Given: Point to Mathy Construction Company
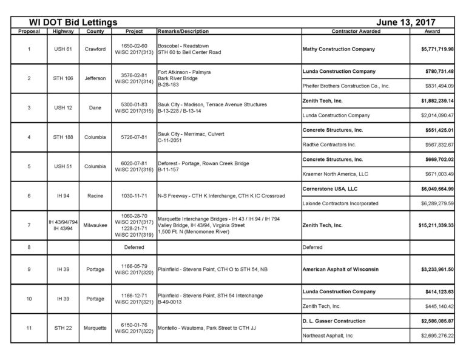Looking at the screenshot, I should pyautogui.click(x=338, y=49).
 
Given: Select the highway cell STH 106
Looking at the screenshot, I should pyautogui.click(x=63, y=78).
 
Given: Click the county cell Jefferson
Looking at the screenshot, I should pyautogui.click(x=96, y=78).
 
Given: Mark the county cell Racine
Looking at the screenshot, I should pyautogui.click(x=96, y=196).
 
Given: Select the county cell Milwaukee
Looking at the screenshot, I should pyautogui.click(x=96, y=225).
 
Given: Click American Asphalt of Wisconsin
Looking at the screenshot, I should pyautogui.click(x=341, y=269).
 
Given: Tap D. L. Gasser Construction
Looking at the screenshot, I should pyautogui.click(x=334, y=321).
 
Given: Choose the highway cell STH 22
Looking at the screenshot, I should pyautogui.click(x=63, y=328).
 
